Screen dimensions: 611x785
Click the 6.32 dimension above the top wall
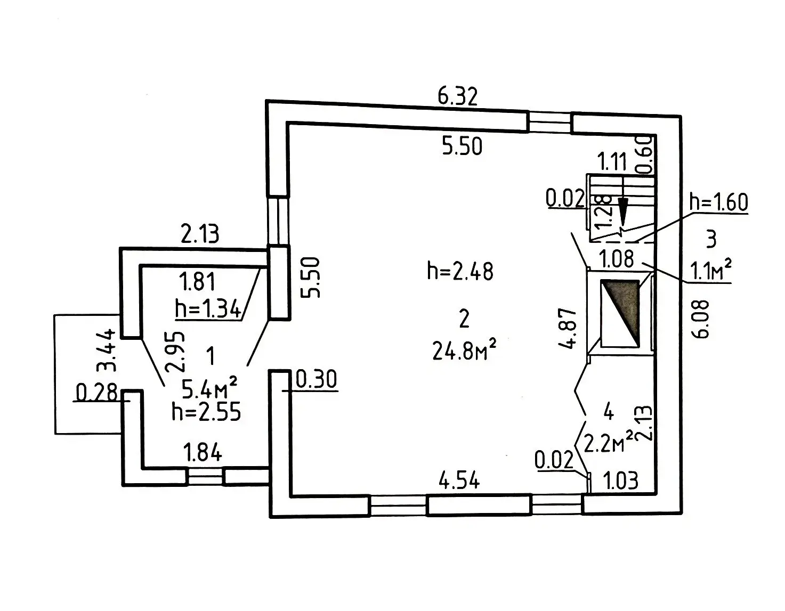click(x=457, y=97)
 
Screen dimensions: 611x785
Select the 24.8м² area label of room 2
click(x=465, y=351)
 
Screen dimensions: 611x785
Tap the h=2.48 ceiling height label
click(x=460, y=271)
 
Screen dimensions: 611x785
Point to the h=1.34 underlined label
click(x=208, y=309)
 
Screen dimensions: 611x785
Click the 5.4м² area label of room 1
click(x=209, y=389)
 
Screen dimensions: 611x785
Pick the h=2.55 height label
click(x=206, y=412)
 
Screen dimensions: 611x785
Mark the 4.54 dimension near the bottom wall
click(x=459, y=480)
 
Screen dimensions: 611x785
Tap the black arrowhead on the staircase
click(x=622, y=209)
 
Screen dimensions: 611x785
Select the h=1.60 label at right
click(x=718, y=202)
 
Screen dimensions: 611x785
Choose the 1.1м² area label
click(x=711, y=272)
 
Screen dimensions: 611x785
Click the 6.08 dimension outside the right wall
click(x=702, y=319)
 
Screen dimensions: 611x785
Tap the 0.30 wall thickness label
click(x=316, y=380)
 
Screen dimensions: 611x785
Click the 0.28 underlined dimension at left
click(x=96, y=393)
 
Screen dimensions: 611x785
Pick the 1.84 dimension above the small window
click(x=203, y=453)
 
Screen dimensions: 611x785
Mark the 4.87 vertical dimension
click(x=569, y=328)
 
